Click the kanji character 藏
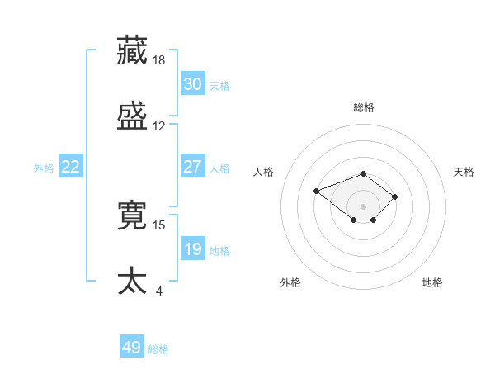[133, 50]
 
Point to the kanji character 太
[133, 281]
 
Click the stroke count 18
[159, 60]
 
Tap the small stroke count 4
[158, 291]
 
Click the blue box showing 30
[192, 83]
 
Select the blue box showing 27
[192, 166]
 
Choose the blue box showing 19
[192, 248]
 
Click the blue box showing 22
[70, 166]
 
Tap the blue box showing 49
[132, 348]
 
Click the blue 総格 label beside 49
[158, 349]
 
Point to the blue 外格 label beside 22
[44, 168]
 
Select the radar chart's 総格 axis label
[364, 107]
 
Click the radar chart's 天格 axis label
[464, 172]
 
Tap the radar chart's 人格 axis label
[264, 172]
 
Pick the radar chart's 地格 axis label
[432, 283]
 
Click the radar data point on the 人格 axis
[316, 191]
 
